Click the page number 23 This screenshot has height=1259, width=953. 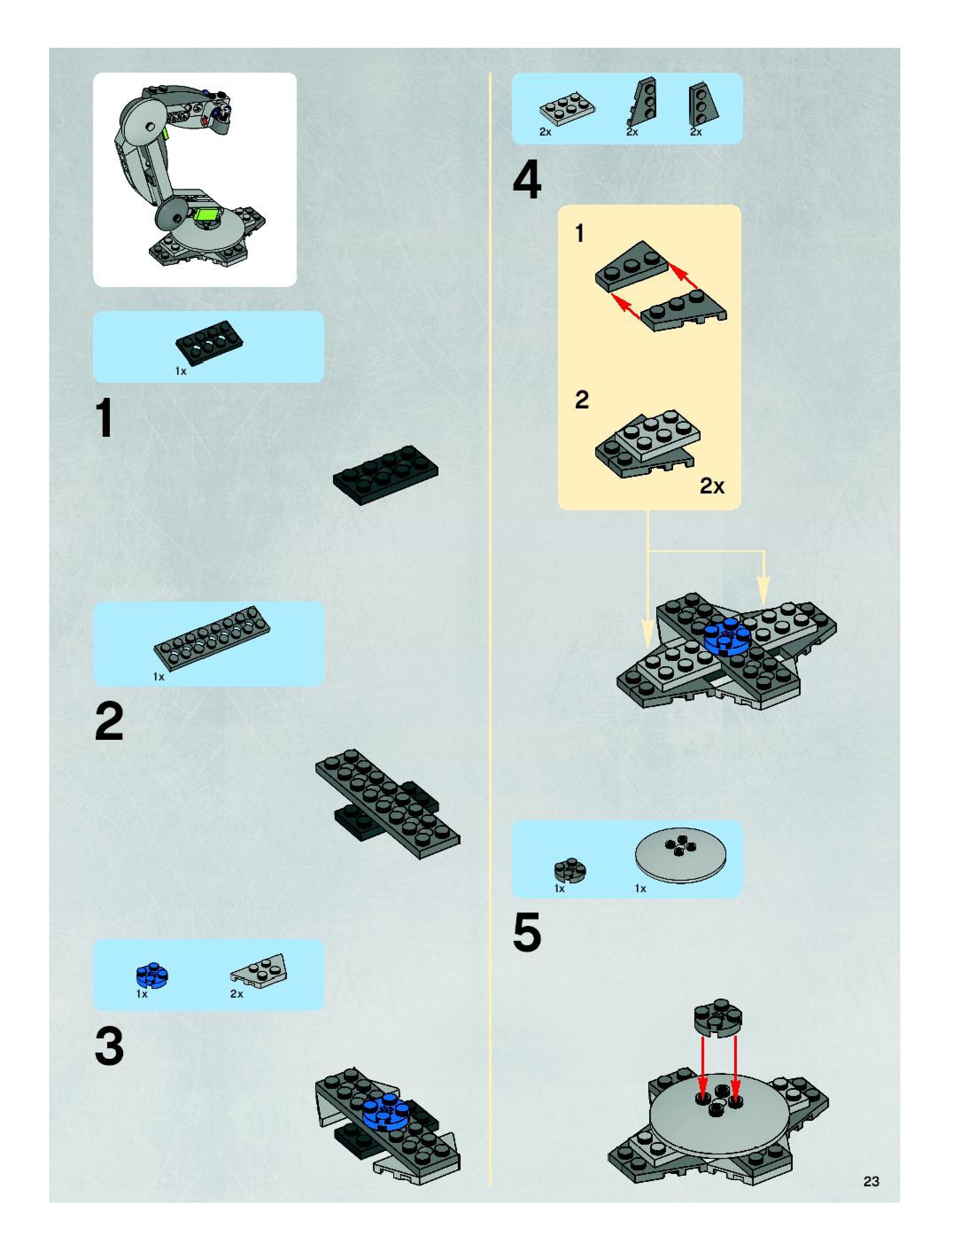pos(871,1181)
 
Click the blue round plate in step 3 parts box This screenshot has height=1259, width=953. pos(152,975)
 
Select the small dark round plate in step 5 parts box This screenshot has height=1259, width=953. pos(570,870)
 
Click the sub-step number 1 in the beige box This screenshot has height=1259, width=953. pos(580,233)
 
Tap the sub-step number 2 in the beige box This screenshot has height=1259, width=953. pos(581,400)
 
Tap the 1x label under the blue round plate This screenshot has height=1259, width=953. pos(142,994)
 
